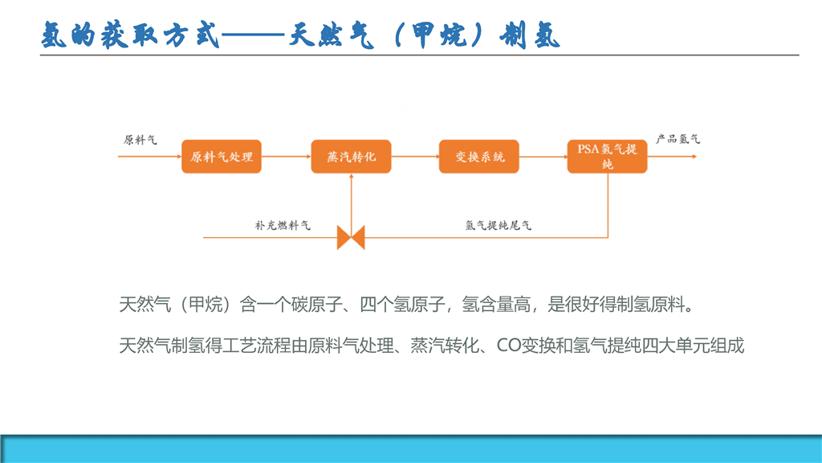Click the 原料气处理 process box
click(222, 157)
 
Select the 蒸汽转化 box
click(352, 157)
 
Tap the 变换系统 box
click(479, 157)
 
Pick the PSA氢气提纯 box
click(607, 157)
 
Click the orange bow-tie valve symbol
click(351, 238)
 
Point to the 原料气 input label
click(140, 140)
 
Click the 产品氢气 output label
click(678, 139)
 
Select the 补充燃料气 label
click(283, 226)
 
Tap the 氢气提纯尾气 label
click(498, 226)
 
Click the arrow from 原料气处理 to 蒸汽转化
click(287, 157)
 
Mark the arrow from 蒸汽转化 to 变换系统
click(415, 157)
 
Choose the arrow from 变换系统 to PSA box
click(543, 157)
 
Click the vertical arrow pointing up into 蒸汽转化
click(352, 200)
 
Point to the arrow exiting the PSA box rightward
click(672, 157)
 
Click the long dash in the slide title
click(254, 35)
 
